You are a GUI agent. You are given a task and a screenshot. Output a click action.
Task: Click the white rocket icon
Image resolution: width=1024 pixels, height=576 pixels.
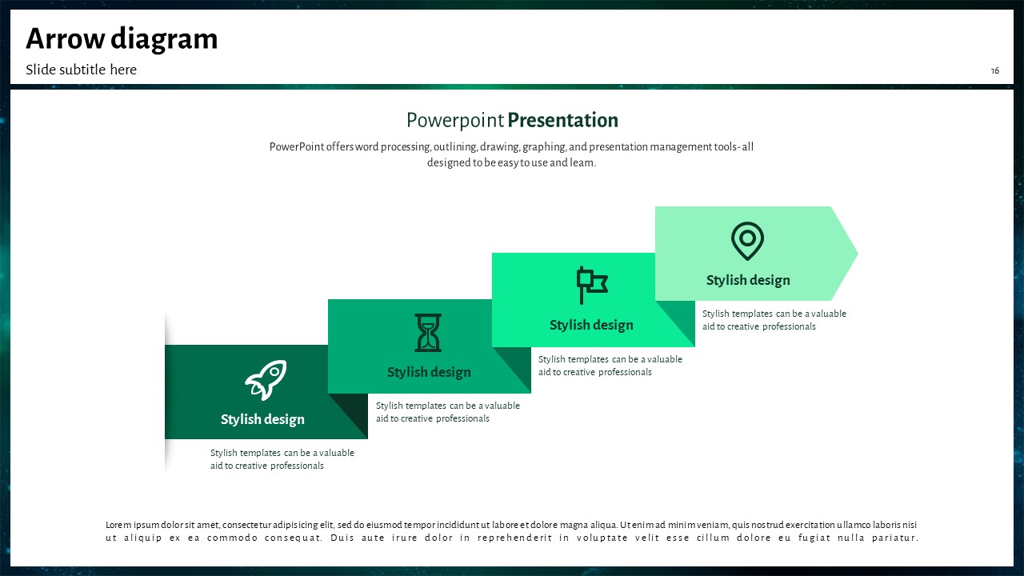pyautogui.click(x=266, y=380)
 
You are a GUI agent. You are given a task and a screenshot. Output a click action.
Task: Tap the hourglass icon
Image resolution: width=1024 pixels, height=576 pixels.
pyautogui.click(x=428, y=333)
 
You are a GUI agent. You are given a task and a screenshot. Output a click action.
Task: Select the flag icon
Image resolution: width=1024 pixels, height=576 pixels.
pyautogui.click(x=592, y=285)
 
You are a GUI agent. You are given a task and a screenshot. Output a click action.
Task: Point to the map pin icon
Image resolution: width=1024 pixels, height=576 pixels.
pyautogui.click(x=747, y=241)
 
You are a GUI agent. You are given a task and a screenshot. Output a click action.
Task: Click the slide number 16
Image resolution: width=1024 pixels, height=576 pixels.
pyautogui.click(x=994, y=71)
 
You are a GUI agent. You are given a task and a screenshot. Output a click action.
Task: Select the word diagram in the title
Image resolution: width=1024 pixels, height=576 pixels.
pyautogui.click(x=164, y=40)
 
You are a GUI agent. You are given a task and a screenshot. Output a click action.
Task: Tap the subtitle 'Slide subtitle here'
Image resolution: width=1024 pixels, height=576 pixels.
pyautogui.click(x=81, y=70)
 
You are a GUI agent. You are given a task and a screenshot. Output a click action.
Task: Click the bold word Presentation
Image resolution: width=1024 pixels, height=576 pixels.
pyautogui.click(x=562, y=120)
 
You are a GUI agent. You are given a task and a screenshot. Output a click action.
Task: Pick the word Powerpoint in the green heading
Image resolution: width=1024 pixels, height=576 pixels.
pyautogui.click(x=455, y=121)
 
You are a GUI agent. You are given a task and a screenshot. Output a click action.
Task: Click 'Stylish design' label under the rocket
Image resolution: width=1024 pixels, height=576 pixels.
pyautogui.click(x=262, y=419)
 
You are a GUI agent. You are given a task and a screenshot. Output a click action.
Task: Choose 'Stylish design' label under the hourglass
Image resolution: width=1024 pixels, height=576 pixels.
pyautogui.click(x=429, y=372)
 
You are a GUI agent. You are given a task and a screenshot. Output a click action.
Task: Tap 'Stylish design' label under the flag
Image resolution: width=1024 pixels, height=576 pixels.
pyautogui.click(x=591, y=325)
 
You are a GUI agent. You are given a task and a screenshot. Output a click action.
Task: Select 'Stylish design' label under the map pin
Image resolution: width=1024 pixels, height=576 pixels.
pyautogui.click(x=748, y=280)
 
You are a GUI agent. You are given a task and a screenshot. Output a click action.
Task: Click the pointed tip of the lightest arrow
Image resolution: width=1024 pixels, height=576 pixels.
pyautogui.click(x=858, y=254)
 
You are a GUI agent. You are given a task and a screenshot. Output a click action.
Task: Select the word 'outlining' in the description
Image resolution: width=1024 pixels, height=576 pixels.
pyautogui.click(x=454, y=147)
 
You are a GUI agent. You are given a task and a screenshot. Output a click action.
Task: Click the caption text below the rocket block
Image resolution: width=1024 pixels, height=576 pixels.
pyautogui.click(x=282, y=459)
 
